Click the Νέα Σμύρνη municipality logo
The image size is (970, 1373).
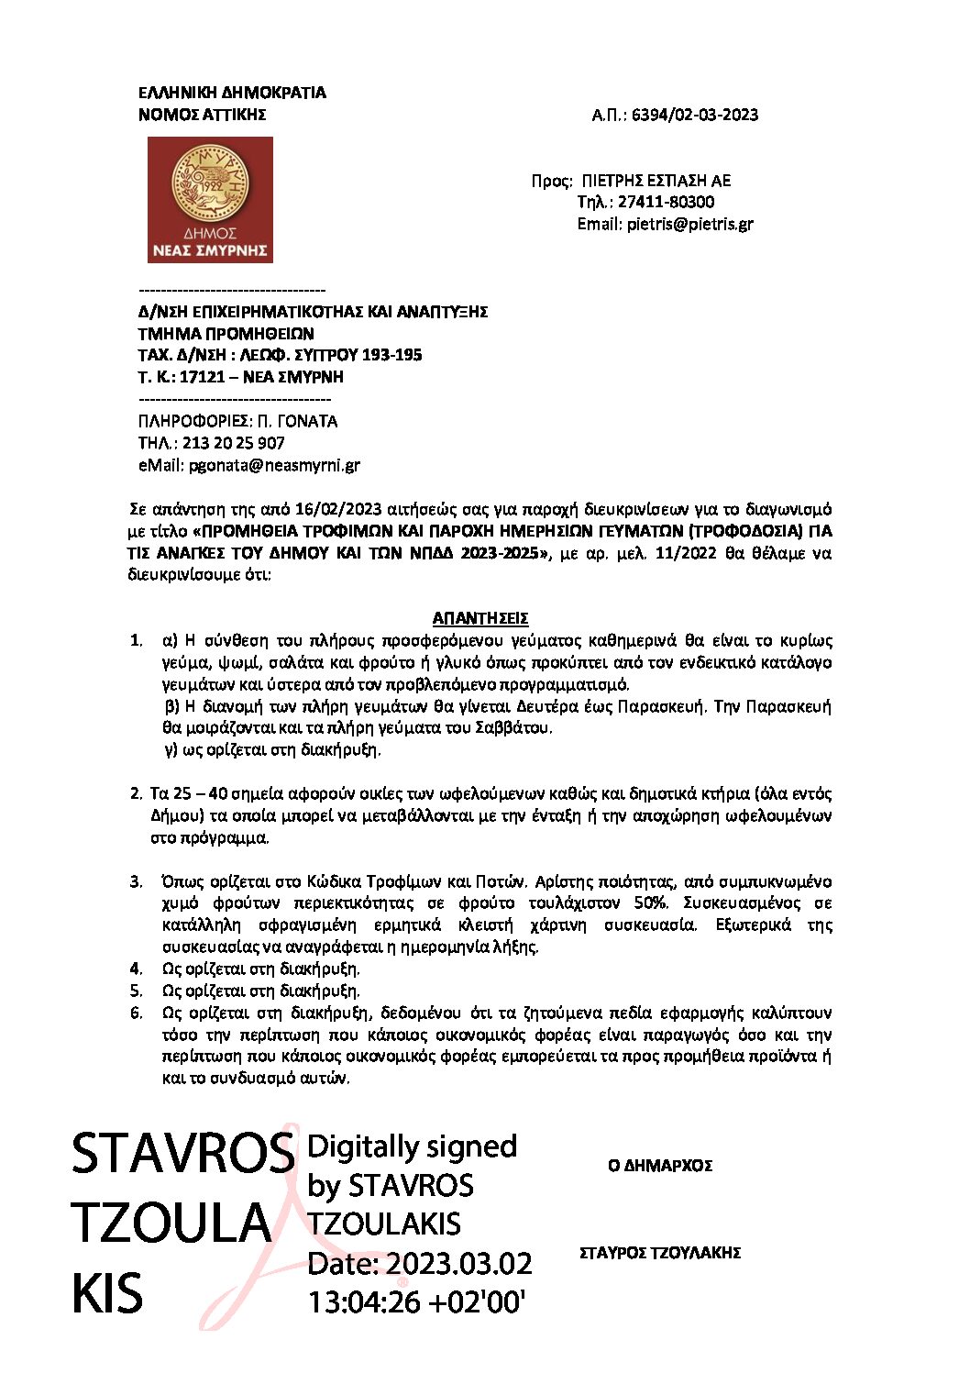[210, 200]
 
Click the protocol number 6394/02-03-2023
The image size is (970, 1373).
[695, 115]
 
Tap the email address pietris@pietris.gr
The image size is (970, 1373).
[689, 224]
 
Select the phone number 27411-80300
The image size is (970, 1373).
[666, 202]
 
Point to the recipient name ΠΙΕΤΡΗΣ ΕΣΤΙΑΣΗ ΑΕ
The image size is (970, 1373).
[656, 181]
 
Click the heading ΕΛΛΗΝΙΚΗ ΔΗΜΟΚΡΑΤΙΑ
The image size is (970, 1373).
[232, 93]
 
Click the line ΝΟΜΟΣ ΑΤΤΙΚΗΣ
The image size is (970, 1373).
[202, 115]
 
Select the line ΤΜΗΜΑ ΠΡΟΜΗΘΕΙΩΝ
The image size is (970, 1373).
[226, 334]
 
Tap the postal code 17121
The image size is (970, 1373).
[202, 377]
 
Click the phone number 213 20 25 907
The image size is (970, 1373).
[234, 443]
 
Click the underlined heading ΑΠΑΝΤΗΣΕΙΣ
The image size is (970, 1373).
[480, 618]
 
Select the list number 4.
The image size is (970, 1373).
[136, 969]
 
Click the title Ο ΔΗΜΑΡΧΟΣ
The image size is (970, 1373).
[660, 1166]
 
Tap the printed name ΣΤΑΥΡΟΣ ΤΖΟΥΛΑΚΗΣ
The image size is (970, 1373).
[660, 1253]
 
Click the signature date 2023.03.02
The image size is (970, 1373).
[458, 1264]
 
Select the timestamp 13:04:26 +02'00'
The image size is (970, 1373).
[416, 1302]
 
